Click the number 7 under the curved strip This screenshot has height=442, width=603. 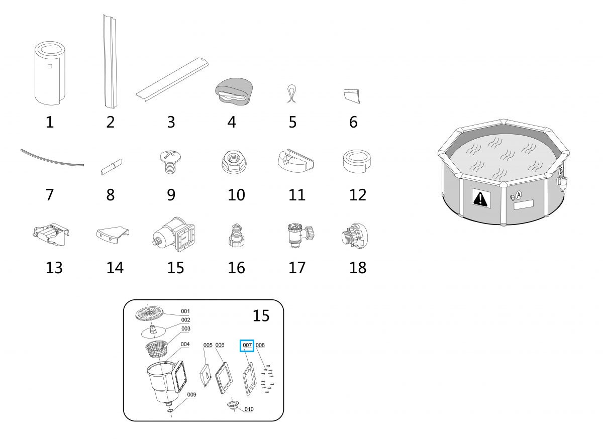click(50, 195)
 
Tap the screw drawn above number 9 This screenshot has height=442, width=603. click(170, 162)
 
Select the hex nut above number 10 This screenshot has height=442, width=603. click(234, 162)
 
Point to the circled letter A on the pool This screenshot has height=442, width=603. click(519, 195)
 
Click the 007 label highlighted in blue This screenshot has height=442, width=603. click(247, 345)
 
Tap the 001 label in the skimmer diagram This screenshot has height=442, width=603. click(185, 311)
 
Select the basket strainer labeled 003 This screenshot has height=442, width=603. click(156, 349)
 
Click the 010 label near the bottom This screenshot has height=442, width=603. click(249, 409)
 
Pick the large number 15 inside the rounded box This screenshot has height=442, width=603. click(261, 315)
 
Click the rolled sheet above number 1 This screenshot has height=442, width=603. click(50, 73)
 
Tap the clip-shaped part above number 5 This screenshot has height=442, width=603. click(292, 93)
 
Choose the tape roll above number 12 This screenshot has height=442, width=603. click(357, 162)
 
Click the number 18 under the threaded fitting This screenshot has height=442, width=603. click(358, 268)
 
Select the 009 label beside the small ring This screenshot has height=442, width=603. click(191, 395)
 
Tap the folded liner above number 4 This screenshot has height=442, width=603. click(234, 91)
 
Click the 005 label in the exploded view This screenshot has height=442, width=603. click(208, 345)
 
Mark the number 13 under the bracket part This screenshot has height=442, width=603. click(54, 268)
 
